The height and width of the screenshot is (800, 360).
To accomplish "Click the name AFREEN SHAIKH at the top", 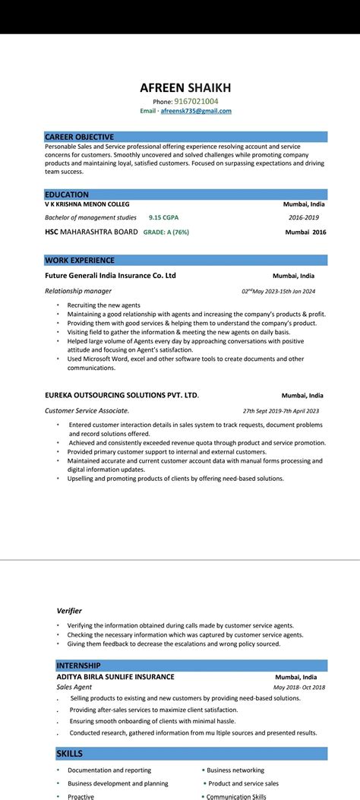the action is click(185, 87).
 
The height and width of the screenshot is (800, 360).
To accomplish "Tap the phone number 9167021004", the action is click(196, 101).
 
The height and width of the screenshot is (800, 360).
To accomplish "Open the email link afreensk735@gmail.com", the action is click(196, 111).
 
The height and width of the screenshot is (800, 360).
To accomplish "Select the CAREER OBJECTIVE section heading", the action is click(79, 137).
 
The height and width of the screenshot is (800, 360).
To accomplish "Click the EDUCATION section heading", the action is click(67, 194).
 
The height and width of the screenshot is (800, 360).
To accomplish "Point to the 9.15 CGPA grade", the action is click(165, 217).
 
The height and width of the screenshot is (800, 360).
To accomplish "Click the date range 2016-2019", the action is click(303, 217).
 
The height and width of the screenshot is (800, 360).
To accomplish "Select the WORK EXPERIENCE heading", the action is click(79, 261).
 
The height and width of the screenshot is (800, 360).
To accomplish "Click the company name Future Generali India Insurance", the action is click(110, 276).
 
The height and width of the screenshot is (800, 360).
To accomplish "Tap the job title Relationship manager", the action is click(78, 291).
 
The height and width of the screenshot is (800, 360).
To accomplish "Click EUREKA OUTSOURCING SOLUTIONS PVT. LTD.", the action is click(122, 395).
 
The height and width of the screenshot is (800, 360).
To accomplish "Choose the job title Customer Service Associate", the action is click(87, 411).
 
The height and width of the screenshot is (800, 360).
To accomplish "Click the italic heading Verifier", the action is click(69, 610).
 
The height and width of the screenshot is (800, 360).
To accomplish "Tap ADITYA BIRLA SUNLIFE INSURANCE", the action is click(115, 676).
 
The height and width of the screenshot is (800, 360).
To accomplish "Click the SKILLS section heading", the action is click(69, 753).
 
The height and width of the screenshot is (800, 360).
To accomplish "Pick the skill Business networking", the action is click(235, 770).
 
